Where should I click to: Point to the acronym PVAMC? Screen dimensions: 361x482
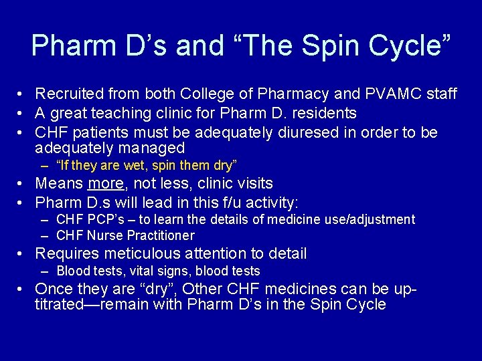click(x=384, y=94)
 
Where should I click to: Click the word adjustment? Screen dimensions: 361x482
click(x=382, y=219)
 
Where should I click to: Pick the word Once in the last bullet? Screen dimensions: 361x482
click(x=53, y=289)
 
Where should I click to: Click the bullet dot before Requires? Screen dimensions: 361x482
click(x=22, y=254)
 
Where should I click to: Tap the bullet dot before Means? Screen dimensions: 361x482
click(x=22, y=184)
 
